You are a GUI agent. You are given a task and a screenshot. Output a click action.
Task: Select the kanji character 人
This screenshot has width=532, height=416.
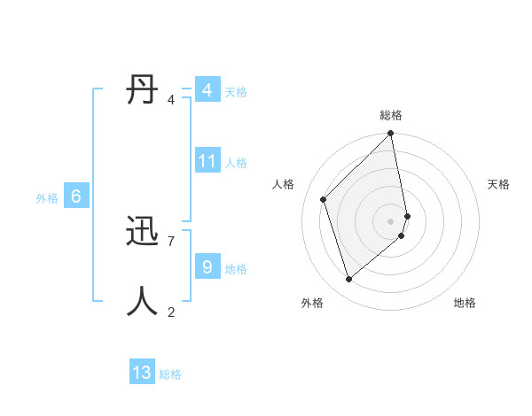click(x=142, y=301)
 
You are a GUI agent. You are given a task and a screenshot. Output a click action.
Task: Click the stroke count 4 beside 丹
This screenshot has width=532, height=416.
click(x=171, y=100)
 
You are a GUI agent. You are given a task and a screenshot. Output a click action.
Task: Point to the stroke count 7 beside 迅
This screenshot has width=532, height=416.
click(x=171, y=241)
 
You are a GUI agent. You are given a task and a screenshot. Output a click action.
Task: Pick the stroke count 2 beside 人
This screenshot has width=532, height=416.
click(x=171, y=312)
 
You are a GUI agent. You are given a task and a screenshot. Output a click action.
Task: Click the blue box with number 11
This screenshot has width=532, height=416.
click(x=207, y=160)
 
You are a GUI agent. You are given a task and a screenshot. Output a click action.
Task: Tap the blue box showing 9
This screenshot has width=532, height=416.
click(x=207, y=266)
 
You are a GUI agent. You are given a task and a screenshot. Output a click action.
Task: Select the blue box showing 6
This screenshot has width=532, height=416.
click(x=76, y=196)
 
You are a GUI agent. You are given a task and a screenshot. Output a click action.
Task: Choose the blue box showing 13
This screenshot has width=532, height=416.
click(x=142, y=373)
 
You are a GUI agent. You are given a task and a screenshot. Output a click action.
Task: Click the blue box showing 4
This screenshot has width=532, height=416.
click(x=207, y=89)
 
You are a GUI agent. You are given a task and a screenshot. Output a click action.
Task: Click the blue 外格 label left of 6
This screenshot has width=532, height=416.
click(x=47, y=198)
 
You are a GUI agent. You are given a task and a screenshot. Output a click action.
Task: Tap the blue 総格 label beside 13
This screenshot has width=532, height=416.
click(x=170, y=374)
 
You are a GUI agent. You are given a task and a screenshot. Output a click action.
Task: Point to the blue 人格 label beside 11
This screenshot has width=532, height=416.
click(x=236, y=163)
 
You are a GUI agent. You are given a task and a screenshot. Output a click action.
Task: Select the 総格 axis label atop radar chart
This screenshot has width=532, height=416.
click(x=391, y=115)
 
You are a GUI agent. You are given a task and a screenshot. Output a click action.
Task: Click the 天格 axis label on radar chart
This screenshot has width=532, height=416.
click(x=498, y=184)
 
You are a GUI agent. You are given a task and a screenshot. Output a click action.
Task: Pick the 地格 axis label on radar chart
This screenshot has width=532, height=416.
click(x=465, y=303)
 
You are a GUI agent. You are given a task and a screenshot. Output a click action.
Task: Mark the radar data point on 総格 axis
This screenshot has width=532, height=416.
click(x=391, y=135)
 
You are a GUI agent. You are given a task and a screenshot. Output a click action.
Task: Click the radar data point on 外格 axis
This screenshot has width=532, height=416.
click(x=348, y=279)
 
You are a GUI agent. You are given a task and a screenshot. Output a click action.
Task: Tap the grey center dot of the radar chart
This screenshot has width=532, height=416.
click(x=391, y=220)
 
